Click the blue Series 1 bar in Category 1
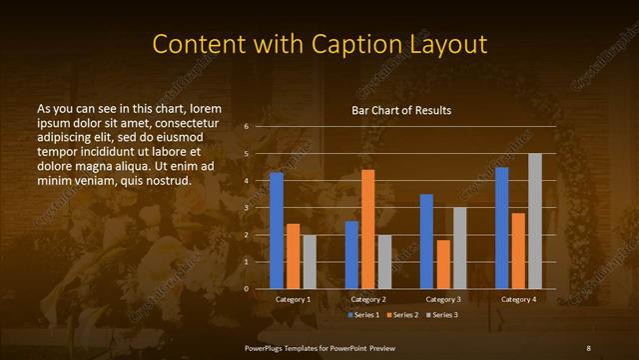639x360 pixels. (277, 231)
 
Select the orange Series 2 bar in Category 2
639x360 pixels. (367, 229)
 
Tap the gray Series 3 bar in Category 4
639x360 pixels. (534, 221)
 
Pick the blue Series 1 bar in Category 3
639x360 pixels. (426, 241)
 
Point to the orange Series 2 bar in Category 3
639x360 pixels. (443, 264)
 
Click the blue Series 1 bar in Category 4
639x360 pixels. (501, 228)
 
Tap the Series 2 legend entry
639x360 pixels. (400, 315)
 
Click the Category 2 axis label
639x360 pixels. (368, 300)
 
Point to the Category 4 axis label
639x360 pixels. (517, 300)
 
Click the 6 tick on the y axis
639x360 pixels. (246, 127)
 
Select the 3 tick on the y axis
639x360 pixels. (246, 208)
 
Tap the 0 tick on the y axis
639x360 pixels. (246, 289)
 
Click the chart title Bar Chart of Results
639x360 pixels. (401, 110)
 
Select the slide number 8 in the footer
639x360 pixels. (588, 346)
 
